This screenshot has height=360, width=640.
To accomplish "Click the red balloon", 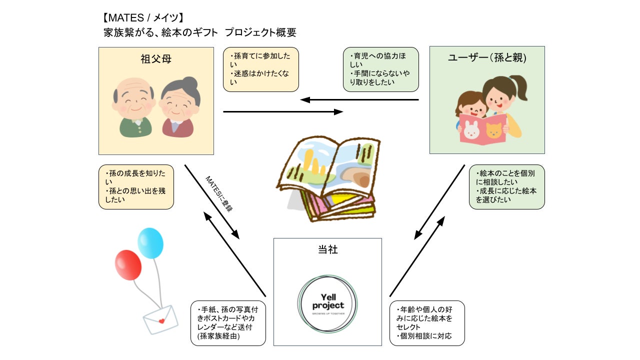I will click(x=128, y=264).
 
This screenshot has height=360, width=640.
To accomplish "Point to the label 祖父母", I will click(x=156, y=59).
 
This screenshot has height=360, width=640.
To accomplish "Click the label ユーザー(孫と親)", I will click(x=487, y=58).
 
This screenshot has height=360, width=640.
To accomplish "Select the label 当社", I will click(x=327, y=248).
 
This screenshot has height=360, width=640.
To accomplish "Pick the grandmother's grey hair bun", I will click(x=189, y=83).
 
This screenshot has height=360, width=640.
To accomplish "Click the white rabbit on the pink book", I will click(x=471, y=131).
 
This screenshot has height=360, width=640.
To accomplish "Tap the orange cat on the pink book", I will click(x=494, y=131).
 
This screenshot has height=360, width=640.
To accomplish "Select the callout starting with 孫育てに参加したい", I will click(x=260, y=69).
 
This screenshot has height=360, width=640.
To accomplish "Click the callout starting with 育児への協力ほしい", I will click(x=380, y=69).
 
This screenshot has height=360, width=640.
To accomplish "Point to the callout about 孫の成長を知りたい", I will click(x=136, y=186).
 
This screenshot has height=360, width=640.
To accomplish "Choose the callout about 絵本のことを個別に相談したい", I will click(x=506, y=186).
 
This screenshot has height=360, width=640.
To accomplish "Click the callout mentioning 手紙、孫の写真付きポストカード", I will click(x=228, y=323).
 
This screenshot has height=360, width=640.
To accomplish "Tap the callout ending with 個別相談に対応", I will click(x=426, y=323).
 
